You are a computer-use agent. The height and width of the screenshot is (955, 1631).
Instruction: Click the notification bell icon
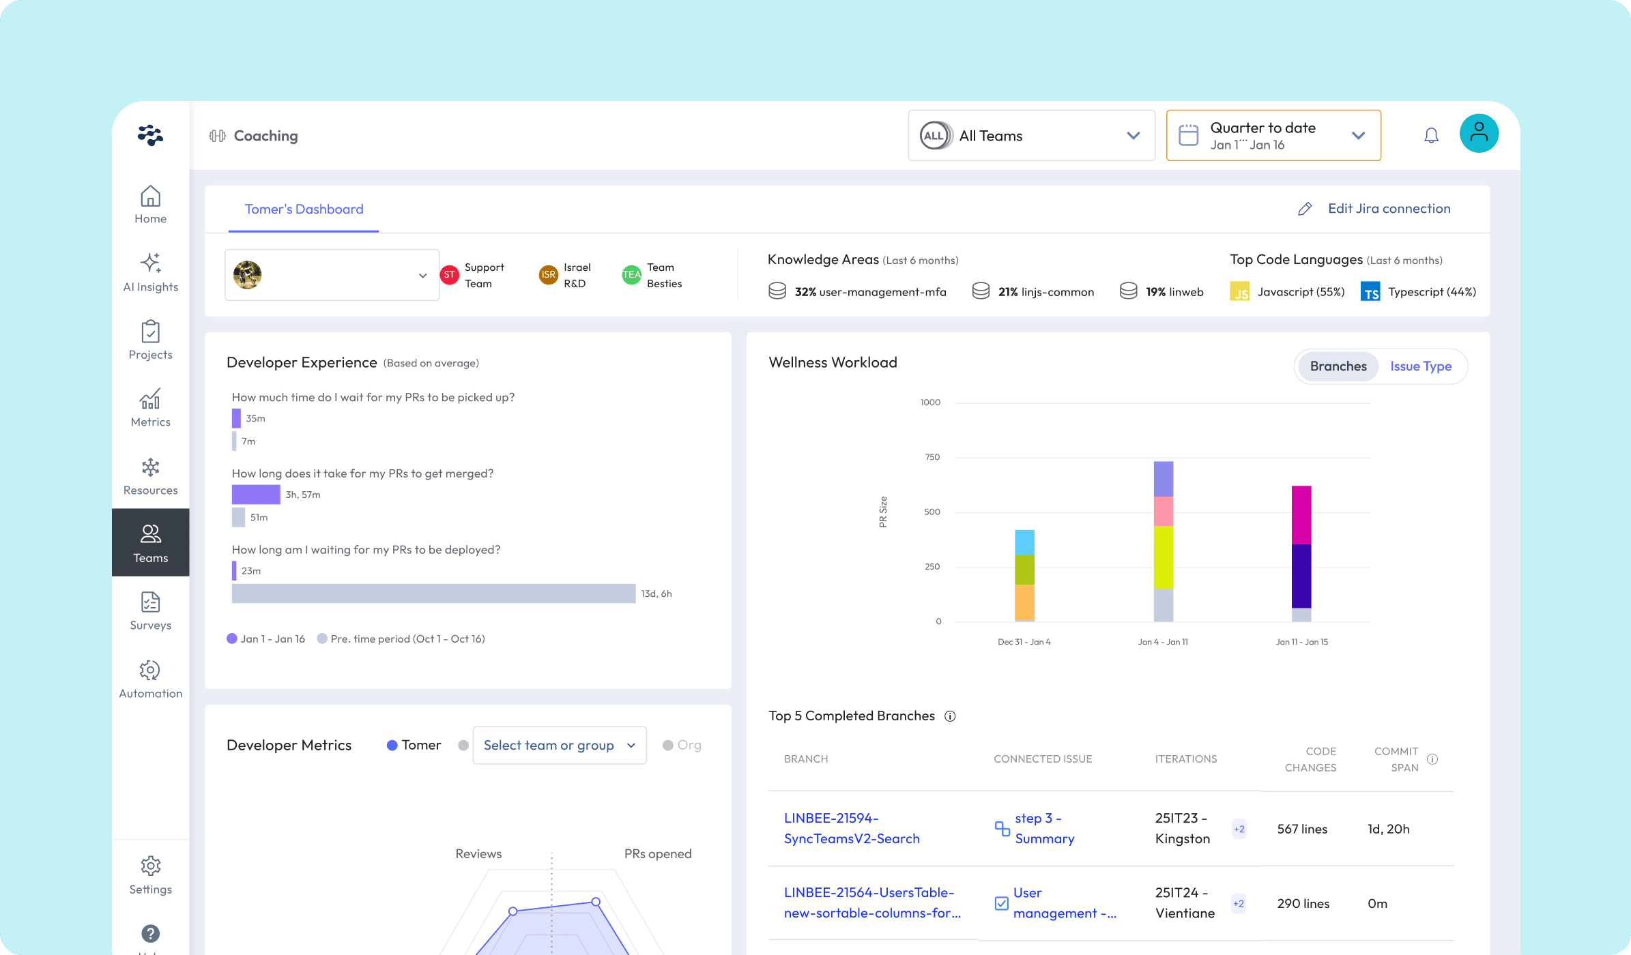[x=1431, y=136]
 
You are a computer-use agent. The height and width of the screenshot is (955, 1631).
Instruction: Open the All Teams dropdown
[x=1030, y=136]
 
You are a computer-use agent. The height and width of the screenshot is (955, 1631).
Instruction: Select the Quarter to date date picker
[x=1273, y=136]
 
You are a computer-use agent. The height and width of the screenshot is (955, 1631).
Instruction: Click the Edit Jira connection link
[x=1388, y=209]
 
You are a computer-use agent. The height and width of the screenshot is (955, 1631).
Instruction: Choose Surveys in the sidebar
[x=150, y=611]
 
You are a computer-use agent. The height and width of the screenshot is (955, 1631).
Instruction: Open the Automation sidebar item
[x=150, y=679]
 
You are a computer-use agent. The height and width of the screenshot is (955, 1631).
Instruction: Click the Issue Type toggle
[x=1421, y=366]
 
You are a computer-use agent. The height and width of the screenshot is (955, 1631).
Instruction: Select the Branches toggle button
[x=1338, y=366]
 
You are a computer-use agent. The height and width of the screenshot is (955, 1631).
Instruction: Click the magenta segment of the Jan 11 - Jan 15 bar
[x=1301, y=515]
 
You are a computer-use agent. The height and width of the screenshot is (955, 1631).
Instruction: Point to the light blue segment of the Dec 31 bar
[x=1024, y=542]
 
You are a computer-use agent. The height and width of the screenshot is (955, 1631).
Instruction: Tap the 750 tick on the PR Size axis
[x=932, y=457]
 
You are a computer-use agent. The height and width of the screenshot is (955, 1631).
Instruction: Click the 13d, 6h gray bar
[x=433, y=593]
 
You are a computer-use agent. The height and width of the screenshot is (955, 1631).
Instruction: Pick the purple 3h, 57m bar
[x=256, y=495]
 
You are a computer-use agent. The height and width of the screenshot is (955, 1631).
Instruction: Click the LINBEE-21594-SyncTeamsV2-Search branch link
[x=852, y=828]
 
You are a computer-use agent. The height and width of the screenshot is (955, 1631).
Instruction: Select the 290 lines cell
[x=1303, y=904]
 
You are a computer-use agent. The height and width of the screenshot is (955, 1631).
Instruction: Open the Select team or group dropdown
[x=559, y=746]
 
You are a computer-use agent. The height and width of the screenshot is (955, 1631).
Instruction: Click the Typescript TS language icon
[x=1370, y=292]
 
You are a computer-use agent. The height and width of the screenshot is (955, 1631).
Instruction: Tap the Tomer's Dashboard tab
[x=304, y=209]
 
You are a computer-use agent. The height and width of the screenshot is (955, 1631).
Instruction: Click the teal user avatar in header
[x=1479, y=133]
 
